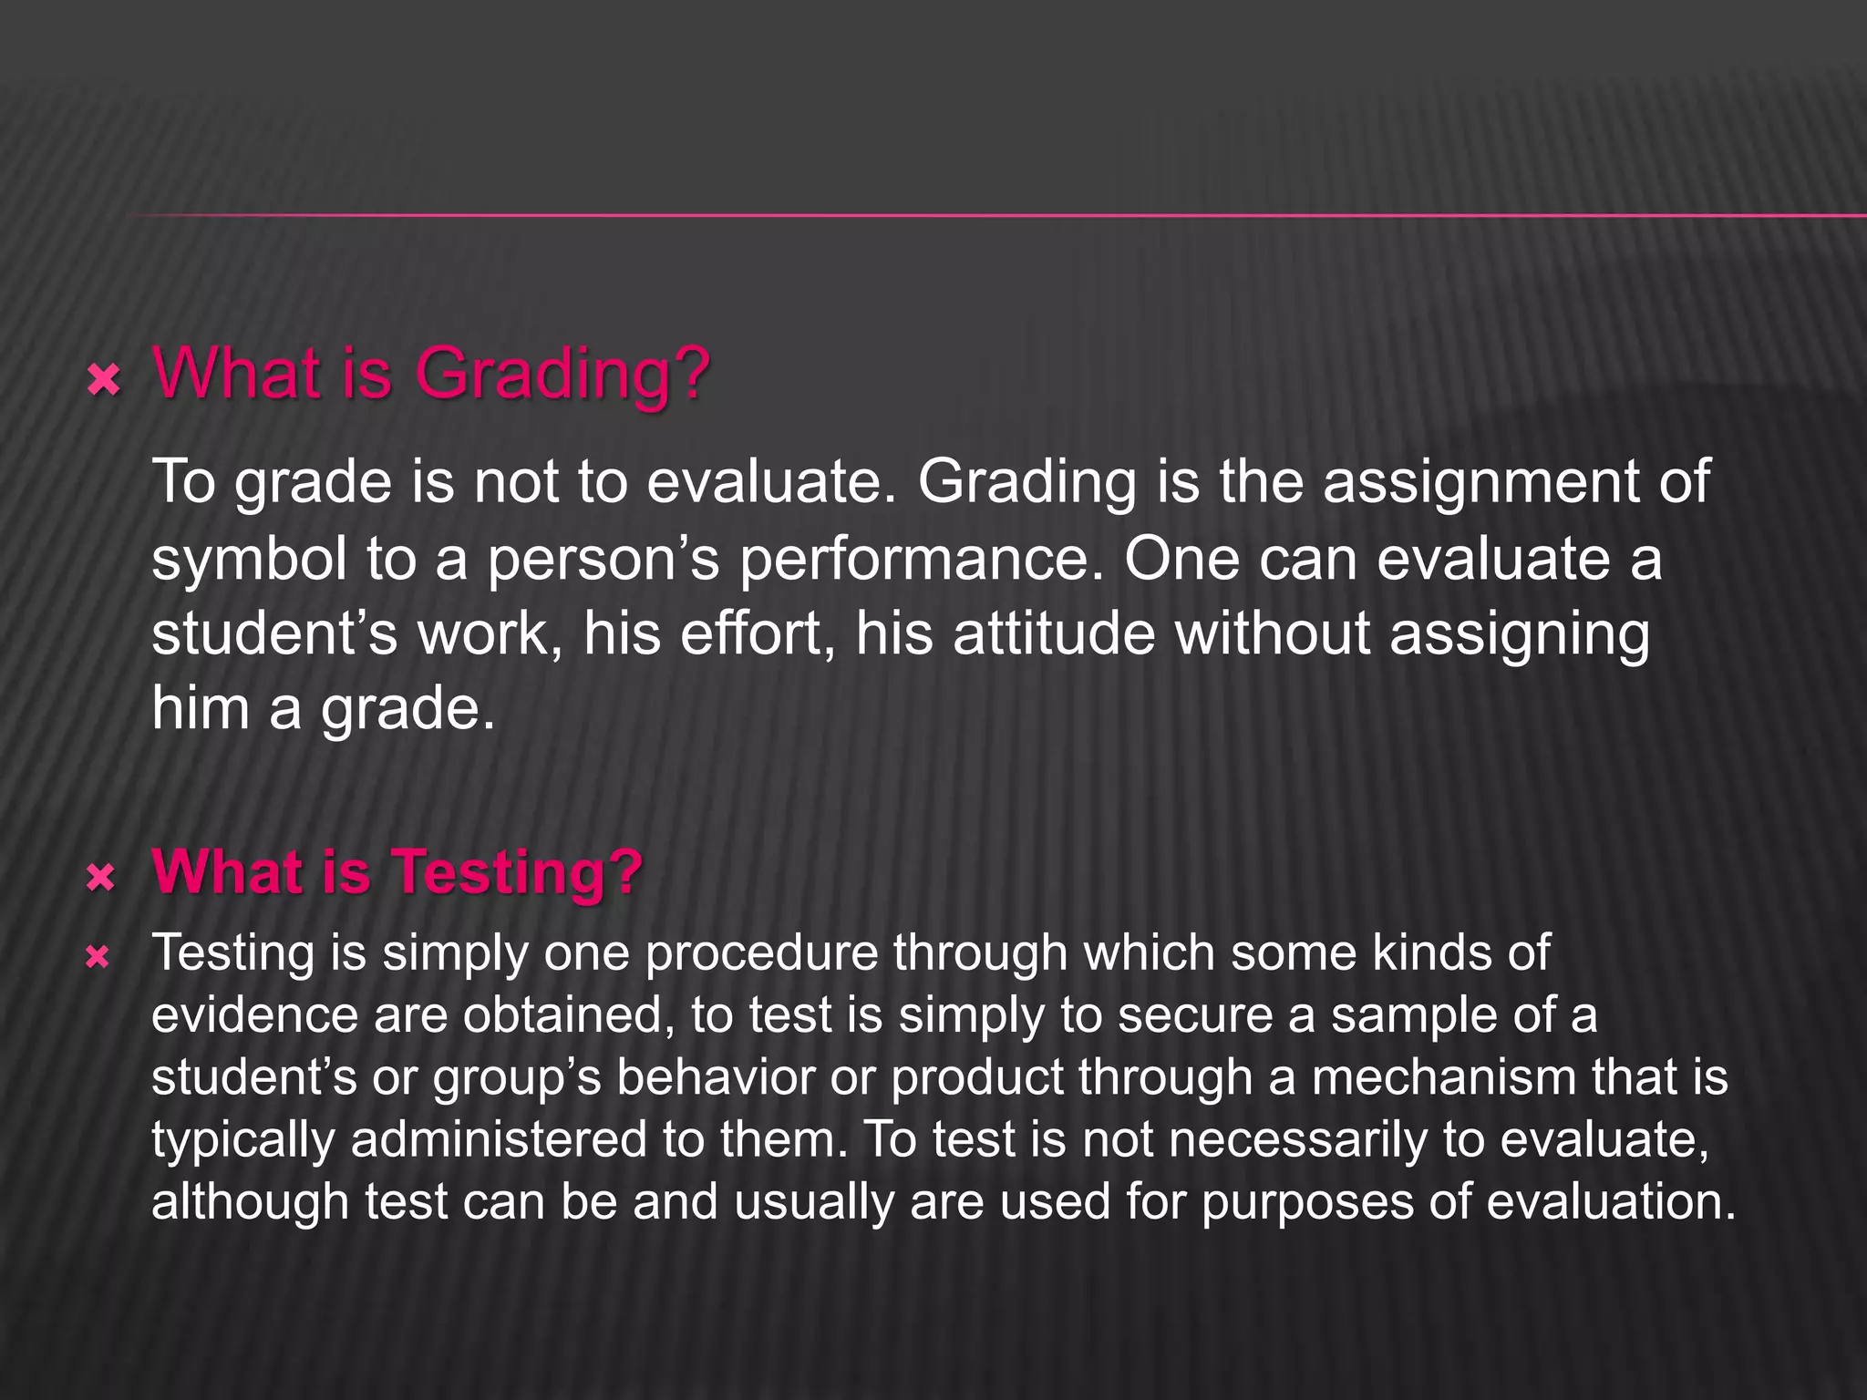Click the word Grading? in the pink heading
pos(562,374)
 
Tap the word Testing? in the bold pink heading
pos(517,872)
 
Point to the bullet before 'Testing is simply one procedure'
pos(98,957)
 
